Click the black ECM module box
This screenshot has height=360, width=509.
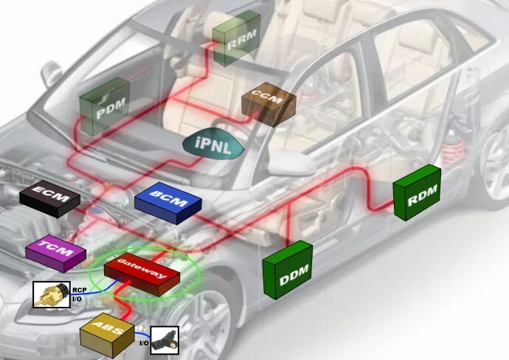[x=48, y=198]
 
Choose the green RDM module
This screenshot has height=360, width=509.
[x=416, y=193]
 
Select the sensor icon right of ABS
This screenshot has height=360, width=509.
[x=165, y=340]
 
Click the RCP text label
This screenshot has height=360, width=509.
[x=79, y=291]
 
